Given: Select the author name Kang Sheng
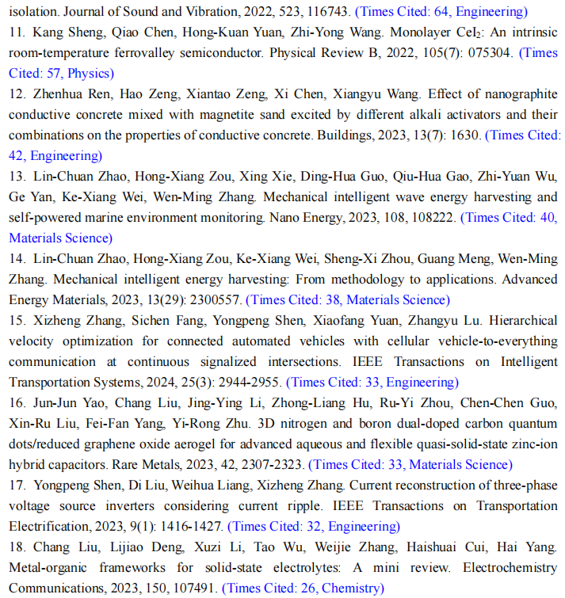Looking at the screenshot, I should pos(63,32).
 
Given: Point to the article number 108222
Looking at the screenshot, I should pos(431,218).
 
